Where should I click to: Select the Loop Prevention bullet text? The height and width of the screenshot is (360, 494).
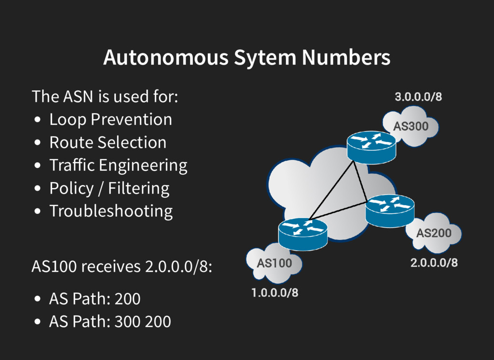110,120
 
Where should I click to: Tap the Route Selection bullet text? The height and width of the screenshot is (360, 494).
108,142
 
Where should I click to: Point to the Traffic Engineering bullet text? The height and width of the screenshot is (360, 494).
118,166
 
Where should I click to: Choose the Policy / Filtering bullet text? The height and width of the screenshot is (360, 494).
109,188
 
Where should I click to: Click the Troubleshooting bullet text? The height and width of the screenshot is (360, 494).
111,211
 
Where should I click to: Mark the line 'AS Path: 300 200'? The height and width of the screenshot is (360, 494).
110,321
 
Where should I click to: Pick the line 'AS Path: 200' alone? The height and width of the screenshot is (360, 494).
95,299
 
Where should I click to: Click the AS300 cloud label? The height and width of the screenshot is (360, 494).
411,127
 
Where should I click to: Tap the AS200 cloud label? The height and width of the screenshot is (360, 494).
434,234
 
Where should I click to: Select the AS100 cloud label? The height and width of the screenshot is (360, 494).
274,263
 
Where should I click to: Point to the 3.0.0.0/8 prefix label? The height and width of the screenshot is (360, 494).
418,97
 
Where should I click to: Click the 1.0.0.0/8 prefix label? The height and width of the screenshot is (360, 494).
274,292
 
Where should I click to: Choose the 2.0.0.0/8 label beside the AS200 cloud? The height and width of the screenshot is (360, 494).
434,263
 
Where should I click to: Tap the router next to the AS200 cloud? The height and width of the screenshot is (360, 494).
390,209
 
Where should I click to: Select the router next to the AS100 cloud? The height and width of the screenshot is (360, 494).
302,233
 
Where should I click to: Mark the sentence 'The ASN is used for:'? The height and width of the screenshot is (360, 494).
105,97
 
